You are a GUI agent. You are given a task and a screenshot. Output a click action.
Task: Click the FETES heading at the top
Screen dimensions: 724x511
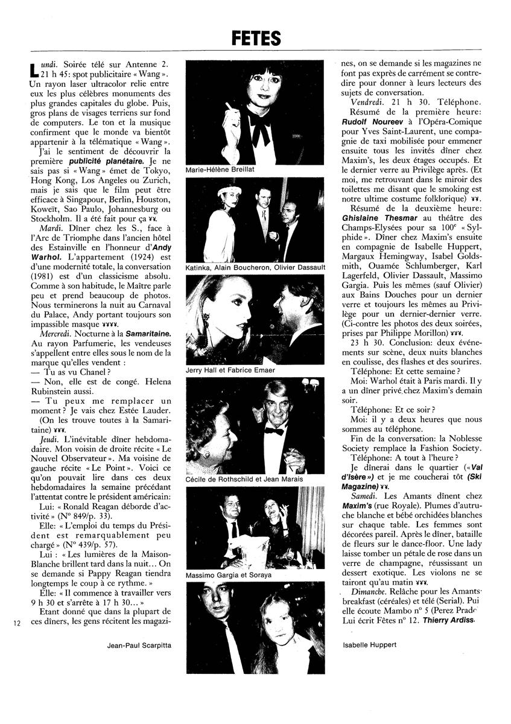tap(256, 39)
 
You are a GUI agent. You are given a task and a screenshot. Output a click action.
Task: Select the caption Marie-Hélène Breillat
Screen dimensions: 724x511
tap(221, 170)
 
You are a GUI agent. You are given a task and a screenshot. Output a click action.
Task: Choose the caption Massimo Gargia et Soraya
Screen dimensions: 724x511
tap(229, 575)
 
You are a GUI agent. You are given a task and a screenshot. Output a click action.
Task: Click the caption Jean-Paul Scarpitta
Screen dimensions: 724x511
tap(138, 645)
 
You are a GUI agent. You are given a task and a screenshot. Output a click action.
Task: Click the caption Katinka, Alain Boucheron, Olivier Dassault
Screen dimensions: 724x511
tap(256, 267)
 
